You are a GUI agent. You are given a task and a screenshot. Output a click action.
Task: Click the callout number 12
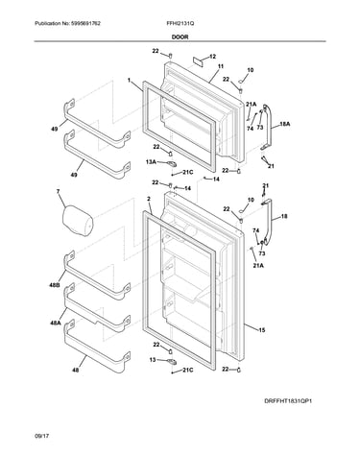(212, 57)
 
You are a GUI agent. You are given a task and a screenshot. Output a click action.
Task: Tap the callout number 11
(221, 66)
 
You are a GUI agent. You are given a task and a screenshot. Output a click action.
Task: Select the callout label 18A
(285, 124)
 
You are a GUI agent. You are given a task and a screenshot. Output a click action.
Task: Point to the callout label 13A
(151, 162)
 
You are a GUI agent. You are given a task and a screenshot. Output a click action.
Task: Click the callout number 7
(58, 192)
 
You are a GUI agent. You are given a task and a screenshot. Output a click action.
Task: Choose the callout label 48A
(55, 324)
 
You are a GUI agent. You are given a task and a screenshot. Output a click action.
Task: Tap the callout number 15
(262, 330)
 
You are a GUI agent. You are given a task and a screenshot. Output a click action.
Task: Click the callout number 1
(130, 81)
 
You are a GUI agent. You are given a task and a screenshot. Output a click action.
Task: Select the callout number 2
(149, 199)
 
